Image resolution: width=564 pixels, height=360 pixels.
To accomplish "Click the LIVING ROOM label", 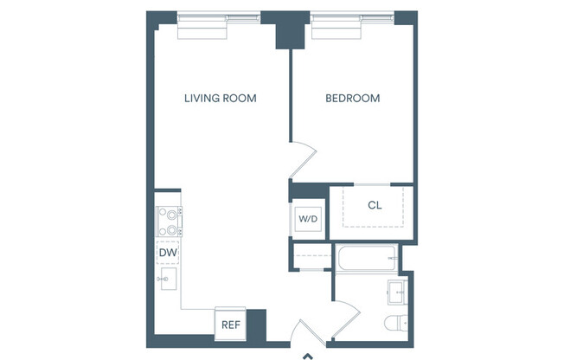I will tap(220, 98).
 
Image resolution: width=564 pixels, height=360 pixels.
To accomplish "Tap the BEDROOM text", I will tap(352, 98).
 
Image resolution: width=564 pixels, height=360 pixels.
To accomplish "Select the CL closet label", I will tap(375, 205).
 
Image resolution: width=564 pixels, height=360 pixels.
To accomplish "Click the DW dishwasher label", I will tap(168, 252).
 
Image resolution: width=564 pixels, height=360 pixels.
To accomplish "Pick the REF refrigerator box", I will tap(229, 325).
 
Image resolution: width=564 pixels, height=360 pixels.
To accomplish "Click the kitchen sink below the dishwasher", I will tap(168, 279).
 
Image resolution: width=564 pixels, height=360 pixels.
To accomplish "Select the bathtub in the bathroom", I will tap(367, 257).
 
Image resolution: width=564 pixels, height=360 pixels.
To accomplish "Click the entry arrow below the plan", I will tap(305, 354).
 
